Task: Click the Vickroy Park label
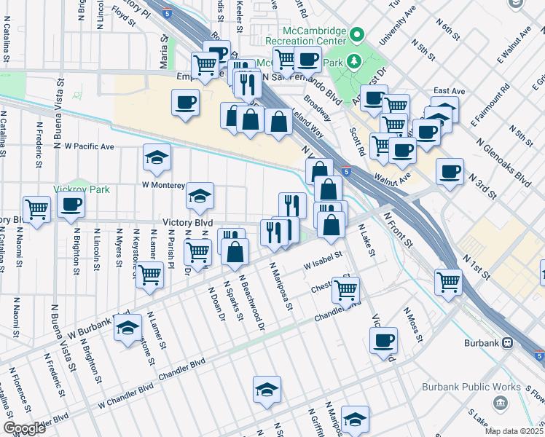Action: pyautogui.click(x=82, y=189)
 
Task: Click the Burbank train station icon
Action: pyautogui.click(x=507, y=342)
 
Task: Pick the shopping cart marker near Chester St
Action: pyautogui.click(x=345, y=289)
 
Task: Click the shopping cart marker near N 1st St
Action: pyautogui.click(x=448, y=282)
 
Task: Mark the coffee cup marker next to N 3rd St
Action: pyautogui.click(x=450, y=171)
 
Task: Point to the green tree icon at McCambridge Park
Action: pyautogui.click(x=355, y=60)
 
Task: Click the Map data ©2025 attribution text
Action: pyautogui.click(x=514, y=430)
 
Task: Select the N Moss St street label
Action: pyautogui.click(x=412, y=324)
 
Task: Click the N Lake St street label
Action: pyautogui.click(x=366, y=241)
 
